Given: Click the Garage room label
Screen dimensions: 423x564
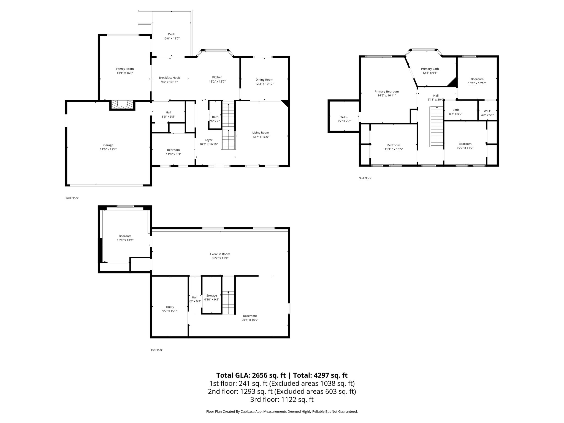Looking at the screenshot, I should (108, 145).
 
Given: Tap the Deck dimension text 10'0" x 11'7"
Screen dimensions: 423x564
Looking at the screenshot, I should (171, 39).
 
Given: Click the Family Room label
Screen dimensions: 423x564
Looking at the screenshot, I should (125, 69).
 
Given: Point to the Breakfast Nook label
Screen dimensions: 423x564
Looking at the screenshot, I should (169, 78).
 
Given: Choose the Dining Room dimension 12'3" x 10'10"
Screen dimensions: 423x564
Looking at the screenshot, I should (264, 84).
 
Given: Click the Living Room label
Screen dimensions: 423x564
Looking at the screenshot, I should (261, 132).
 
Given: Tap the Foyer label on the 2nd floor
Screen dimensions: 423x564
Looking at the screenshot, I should (208, 140).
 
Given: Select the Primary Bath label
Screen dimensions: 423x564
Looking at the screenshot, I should (430, 69).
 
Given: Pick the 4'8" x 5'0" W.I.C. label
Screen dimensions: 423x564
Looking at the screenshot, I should (487, 111).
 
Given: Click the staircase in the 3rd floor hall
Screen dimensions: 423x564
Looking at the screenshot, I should (436, 127).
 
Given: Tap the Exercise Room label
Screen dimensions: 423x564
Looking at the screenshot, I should (220, 254).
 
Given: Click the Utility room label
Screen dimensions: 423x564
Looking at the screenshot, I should (170, 307).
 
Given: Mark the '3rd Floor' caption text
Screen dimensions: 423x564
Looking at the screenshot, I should (365, 178).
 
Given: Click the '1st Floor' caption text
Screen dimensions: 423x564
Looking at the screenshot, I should (156, 350).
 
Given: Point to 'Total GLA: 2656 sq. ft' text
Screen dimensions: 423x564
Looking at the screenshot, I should (251, 375).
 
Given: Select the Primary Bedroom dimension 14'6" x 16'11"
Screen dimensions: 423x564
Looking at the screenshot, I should (387, 96).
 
